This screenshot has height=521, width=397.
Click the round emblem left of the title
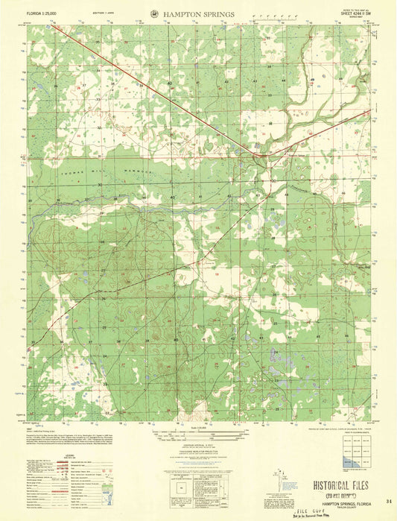(x=153, y=13)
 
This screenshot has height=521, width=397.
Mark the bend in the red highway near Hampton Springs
(x=256, y=155)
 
